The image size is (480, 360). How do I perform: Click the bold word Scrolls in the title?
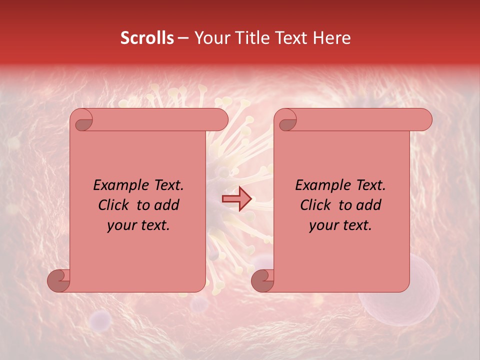pos(147,38)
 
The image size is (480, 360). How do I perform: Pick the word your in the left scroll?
pos(121,225)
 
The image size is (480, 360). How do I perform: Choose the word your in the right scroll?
pos(323,225)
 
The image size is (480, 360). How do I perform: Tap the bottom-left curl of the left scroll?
pos(58,280)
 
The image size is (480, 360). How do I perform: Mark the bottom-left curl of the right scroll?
pos(262,280)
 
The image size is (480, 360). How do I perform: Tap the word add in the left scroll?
pos(167,205)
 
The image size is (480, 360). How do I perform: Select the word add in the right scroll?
pos(369,205)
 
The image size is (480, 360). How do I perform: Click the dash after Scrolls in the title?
pos(183,38)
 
